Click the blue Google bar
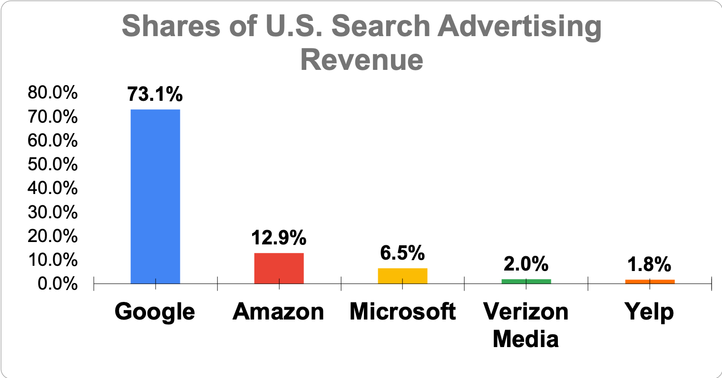point(155,196)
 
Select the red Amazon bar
point(279,268)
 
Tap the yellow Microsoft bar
point(402,276)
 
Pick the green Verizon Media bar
point(526,281)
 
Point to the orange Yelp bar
point(650,281)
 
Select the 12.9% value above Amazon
point(279,238)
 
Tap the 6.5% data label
point(402,253)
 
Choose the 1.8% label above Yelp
point(650,264)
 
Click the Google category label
point(155,312)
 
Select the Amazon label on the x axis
point(279,312)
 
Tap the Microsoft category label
point(402,312)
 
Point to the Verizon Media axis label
point(526,325)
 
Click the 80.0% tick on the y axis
point(52,93)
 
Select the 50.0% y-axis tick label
point(52,165)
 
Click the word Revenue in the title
point(361,60)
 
